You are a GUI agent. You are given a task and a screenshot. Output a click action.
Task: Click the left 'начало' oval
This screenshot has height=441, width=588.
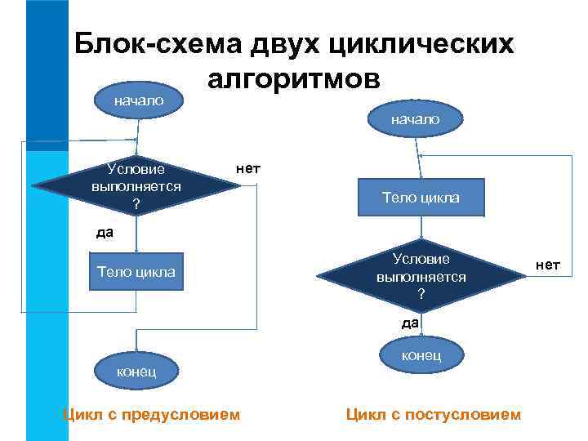click(138, 100)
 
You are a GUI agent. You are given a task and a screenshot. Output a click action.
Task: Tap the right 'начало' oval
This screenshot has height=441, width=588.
click(415, 119)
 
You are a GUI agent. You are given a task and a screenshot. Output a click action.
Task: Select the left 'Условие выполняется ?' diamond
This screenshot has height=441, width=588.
click(137, 186)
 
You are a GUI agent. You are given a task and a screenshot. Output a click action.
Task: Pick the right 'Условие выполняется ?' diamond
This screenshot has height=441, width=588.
click(421, 276)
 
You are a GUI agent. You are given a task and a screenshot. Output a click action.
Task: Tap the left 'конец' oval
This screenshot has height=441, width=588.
click(136, 372)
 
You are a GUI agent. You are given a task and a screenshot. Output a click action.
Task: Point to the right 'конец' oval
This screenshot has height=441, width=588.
click(421, 355)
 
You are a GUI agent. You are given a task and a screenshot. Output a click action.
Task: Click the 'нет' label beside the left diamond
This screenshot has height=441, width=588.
click(247, 169)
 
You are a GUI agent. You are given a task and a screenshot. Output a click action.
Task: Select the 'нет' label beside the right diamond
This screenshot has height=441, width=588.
click(548, 265)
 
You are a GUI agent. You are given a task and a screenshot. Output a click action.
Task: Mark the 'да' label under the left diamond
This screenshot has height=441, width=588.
click(105, 233)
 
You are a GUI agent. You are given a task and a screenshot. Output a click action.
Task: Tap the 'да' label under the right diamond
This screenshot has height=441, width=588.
click(410, 323)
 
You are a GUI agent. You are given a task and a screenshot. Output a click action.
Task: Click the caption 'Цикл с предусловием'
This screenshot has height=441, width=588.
click(152, 415)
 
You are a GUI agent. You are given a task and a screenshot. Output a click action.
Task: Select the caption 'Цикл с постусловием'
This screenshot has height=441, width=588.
click(433, 415)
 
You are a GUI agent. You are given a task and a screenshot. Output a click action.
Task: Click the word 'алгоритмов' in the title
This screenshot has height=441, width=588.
click(294, 79)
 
